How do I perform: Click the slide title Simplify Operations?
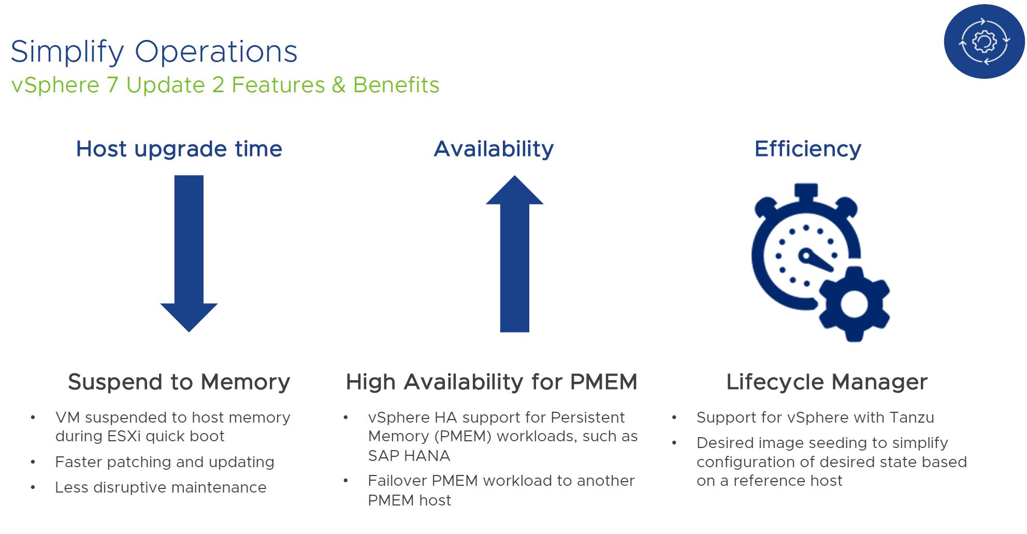154,52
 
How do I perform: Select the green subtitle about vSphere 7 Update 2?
225,85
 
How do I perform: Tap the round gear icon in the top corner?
984,41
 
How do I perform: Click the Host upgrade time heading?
179,149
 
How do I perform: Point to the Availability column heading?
494,149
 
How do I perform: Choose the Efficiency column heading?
808,149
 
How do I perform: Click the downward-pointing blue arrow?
189,253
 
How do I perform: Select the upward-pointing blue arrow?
515,253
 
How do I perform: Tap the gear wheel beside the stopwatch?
854,304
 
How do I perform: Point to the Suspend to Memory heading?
179,382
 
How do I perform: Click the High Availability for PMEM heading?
491,382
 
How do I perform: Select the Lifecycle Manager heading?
827,382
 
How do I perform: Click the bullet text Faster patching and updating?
165,462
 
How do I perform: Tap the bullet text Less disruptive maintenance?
161,487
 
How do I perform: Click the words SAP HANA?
409,456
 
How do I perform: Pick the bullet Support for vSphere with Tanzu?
816,417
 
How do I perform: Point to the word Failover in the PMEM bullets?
397,481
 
